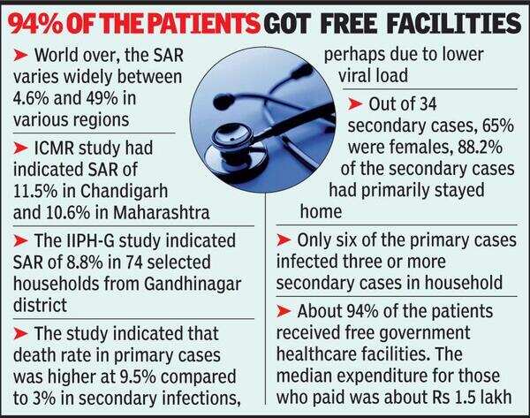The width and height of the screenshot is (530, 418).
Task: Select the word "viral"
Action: pos(375,75)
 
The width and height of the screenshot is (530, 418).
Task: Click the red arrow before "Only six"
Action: pos(284,240)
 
